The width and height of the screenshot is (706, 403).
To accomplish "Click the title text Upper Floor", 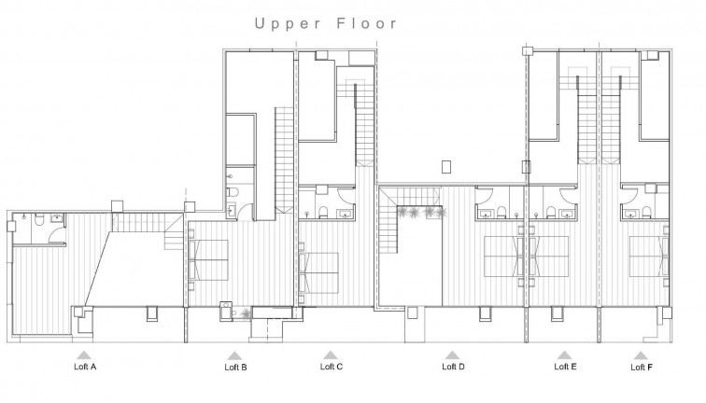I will point(326,23).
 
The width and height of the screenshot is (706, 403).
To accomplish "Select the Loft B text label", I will point(236,367).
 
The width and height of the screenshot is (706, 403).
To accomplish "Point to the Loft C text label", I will point(332,367).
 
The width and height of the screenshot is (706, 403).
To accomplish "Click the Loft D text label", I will point(453,367).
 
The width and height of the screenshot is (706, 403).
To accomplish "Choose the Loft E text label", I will point(565,367).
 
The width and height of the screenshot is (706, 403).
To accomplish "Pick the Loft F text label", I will point(640,367).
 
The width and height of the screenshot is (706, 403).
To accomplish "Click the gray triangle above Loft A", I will point(84,354).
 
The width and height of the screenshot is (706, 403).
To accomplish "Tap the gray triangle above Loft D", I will point(453,354).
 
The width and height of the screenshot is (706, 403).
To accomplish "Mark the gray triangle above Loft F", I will point(640,354).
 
